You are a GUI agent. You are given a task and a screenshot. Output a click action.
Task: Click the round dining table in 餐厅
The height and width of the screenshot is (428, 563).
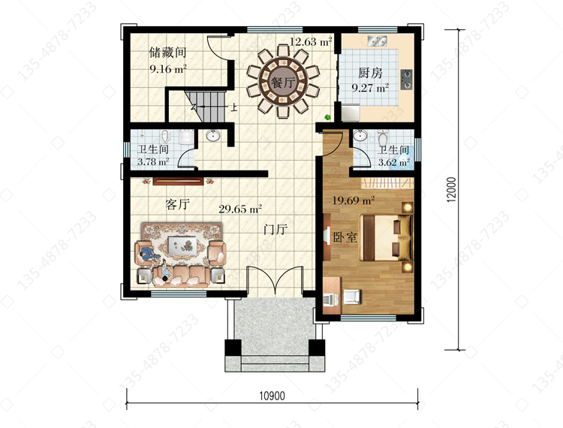click(x=283, y=82)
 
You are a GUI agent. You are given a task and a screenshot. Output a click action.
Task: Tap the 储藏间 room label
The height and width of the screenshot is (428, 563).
click(x=167, y=53)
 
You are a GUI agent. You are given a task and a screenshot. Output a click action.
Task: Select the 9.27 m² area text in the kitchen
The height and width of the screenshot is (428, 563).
click(x=370, y=88)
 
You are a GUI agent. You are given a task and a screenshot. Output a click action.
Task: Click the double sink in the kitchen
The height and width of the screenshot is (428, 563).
click(x=377, y=41)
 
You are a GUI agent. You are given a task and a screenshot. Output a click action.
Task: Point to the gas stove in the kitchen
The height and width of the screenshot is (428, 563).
click(x=406, y=79)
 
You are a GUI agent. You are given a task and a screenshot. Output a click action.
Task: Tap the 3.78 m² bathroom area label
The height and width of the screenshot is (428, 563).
click(x=153, y=162)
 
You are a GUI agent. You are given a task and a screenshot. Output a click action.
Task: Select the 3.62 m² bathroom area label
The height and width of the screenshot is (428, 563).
click(x=394, y=163)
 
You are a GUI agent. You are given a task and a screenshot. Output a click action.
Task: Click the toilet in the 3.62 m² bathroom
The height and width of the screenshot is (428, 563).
click(x=383, y=137)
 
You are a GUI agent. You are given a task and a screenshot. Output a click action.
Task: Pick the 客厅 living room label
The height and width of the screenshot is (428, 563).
click(x=178, y=204)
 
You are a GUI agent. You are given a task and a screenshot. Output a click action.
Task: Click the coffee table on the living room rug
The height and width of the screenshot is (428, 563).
click(x=182, y=246)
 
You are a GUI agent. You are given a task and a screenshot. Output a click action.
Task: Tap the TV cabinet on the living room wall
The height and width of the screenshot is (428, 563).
click(x=179, y=181)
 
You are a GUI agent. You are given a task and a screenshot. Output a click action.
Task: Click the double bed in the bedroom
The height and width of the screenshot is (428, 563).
click(x=386, y=237)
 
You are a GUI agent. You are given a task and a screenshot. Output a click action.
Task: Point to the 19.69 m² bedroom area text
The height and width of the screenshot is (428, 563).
click(x=354, y=200)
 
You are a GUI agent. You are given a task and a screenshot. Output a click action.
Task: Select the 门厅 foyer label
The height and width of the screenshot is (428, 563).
click(x=275, y=229)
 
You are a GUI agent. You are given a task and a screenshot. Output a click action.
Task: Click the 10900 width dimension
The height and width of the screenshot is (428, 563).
click(x=272, y=396)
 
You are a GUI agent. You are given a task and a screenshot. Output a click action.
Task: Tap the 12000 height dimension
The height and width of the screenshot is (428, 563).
click(x=452, y=189)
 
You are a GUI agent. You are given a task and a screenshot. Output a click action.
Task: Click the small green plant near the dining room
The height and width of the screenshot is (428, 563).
click(x=327, y=116)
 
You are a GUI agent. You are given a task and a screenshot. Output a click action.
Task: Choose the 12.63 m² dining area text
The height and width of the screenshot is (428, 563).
click(x=311, y=41)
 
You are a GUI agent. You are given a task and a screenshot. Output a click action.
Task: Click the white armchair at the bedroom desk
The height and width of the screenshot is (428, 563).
click(x=352, y=297)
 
